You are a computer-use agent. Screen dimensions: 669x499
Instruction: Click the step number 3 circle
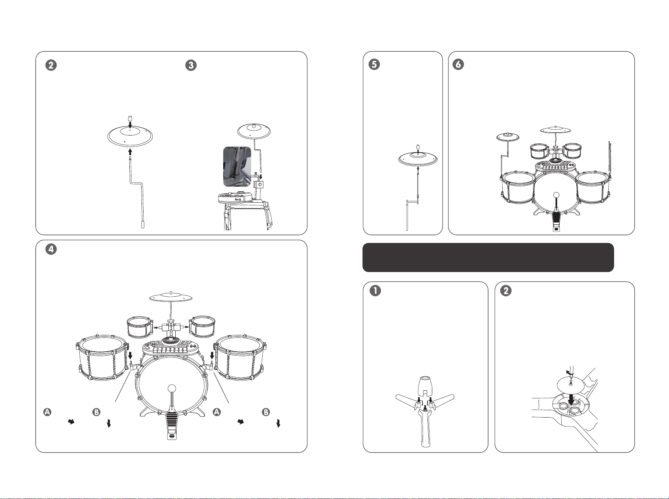tap(191, 65)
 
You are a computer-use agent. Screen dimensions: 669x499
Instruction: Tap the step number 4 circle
tap(51, 249)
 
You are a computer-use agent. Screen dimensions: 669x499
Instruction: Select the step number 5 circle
tap(374, 64)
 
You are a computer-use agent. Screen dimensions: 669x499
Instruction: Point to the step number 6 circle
tap(458, 64)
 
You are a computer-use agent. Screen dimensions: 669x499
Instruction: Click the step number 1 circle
tap(375, 290)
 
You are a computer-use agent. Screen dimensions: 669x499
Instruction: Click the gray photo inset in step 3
tap(237, 166)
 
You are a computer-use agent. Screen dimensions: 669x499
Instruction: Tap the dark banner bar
tap(488, 257)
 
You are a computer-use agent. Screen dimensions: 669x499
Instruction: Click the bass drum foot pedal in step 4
tap(172, 425)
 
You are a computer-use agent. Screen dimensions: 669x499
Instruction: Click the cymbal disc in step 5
tap(418, 159)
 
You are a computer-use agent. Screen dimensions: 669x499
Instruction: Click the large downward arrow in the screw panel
tap(571, 398)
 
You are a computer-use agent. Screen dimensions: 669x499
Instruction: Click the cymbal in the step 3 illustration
tap(254, 131)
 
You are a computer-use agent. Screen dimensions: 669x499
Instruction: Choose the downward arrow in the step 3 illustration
tap(261, 177)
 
